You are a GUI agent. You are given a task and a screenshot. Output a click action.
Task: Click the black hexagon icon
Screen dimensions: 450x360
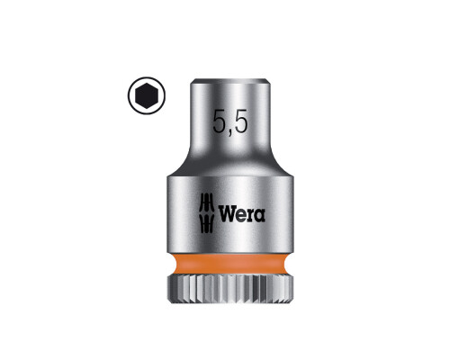tap(147, 95)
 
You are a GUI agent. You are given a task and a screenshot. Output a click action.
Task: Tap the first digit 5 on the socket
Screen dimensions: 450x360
tap(220, 121)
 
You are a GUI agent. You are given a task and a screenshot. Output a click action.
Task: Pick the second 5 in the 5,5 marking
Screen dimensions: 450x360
tap(241, 121)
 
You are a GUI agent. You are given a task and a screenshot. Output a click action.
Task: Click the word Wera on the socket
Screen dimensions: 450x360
tap(242, 214)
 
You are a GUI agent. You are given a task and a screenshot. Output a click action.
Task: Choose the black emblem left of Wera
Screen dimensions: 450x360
tap(207, 213)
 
